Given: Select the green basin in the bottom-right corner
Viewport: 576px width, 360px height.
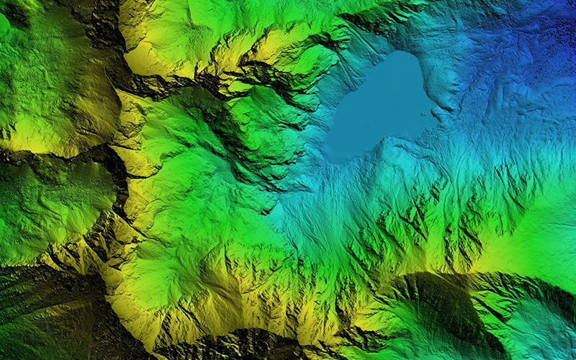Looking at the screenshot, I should (533, 331).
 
